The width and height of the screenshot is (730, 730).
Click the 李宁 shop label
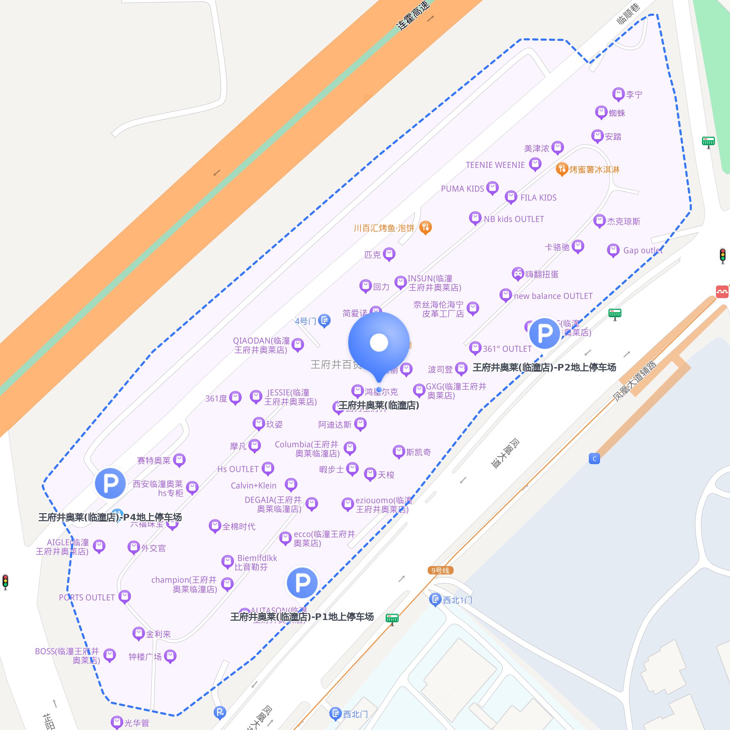tap(634, 95)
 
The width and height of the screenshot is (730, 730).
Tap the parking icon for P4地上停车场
tap(110, 483)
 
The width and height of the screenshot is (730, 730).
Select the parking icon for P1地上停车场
tap(302, 583)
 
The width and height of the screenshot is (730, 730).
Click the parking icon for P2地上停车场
tap(544, 333)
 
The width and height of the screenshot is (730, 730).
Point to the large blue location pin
tap(379, 344)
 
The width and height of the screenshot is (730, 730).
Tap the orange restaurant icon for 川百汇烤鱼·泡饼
tap(426, 227)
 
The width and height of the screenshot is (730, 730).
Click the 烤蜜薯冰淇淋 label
tap(594, 170)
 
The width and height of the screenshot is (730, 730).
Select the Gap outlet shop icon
tap(613, 250)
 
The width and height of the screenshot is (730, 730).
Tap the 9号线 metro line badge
tap(440, 570)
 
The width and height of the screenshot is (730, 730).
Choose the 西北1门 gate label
tap(457, 600)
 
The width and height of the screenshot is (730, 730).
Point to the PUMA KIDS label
tap(462, 188)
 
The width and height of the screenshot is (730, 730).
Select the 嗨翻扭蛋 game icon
tap(518, 274)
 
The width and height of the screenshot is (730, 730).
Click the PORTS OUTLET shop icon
tap(124, 596)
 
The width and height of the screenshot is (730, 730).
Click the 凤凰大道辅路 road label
tap(635, 380)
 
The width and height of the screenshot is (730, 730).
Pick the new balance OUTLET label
tap(553, 296)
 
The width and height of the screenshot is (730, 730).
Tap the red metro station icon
tap(722, 291)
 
